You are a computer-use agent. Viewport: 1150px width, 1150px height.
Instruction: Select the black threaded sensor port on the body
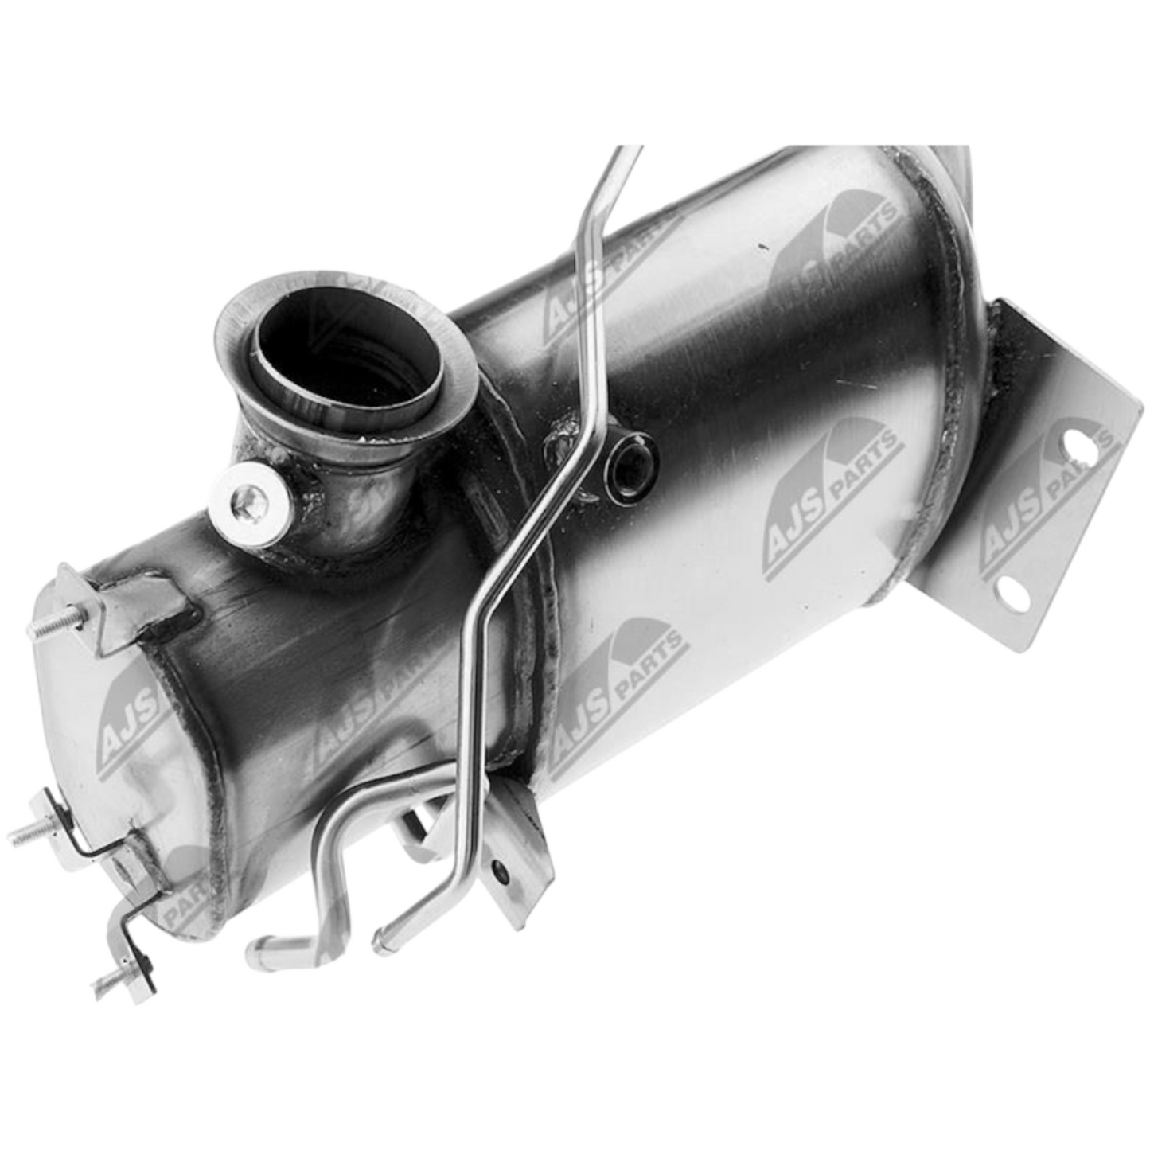point(630,462)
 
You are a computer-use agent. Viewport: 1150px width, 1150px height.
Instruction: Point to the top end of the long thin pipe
point(629,151)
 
